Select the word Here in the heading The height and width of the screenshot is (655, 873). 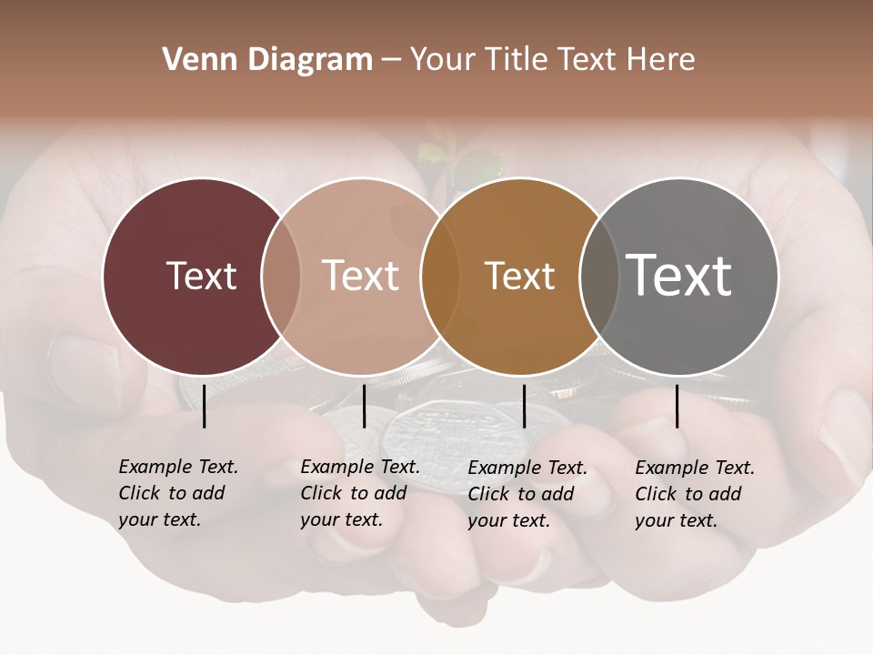pyautogui.click(x=661, y=60)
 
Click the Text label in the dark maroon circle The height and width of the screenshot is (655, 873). pyautogui.click(x=201, y=276)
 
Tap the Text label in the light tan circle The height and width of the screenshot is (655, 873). pyautogui.click(x=360, y=276)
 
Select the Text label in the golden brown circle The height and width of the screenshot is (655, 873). pyautogui.click(x=519, y=276)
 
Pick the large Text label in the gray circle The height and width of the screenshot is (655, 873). pyautogui.click(x=678, y=276)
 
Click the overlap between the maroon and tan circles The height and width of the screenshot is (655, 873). pyautogui.click(x=281, y=276)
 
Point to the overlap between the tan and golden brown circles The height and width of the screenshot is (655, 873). pyautogui.click(x=440, y=276)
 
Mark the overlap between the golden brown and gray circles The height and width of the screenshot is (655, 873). pyautogui.click(x=597, y=276)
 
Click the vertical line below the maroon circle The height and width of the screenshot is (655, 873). pyautogui.click(x=204, y=406)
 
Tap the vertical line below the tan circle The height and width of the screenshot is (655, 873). pyautogui.click(x=364, y=406)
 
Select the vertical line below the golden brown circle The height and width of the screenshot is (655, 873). pyautogui.click(x=524, y=406)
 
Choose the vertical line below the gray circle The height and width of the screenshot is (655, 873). pyautogui.click(x=677, y=406)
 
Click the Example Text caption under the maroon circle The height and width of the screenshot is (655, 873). pyautogui.click(x=177, y=493)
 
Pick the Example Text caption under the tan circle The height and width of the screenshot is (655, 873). pyautogui.click(x=359, y=493)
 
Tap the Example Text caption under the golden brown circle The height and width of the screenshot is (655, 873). pyautogui.click(x=527, y=493)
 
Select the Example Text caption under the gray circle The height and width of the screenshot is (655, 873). pyautogui.click(x=694, y=493)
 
